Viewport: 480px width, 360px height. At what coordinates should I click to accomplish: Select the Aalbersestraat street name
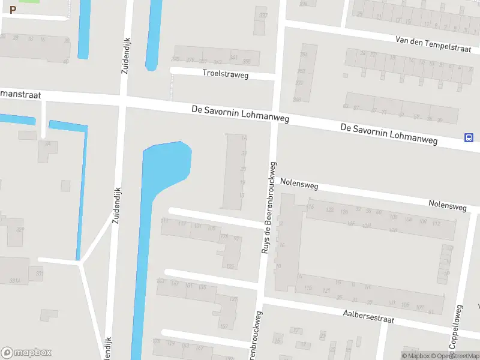368,316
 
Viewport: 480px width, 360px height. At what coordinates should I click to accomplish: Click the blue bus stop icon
468,137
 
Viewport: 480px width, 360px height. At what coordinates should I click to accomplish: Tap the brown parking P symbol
13,10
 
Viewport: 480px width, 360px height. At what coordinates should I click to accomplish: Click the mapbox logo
26,352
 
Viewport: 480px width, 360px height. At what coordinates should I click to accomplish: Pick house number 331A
16,280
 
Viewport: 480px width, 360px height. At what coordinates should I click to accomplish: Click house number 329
20,229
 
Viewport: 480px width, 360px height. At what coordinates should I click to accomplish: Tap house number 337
262,16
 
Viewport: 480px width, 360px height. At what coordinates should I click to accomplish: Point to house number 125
229,266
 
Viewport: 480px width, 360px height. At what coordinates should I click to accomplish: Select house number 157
224,326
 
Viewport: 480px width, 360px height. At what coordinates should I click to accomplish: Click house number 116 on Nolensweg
310,207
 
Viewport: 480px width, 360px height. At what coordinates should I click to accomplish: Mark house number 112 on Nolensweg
436,223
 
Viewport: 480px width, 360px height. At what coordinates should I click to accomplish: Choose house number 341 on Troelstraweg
233,58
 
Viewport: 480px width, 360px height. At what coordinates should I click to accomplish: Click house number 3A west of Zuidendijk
47,143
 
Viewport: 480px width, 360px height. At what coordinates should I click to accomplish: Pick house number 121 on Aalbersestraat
326,290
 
